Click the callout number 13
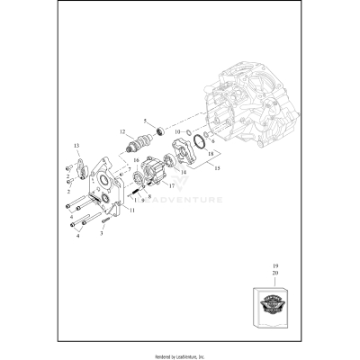click(76, 145)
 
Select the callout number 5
click(145, 121)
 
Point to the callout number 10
click(177, 132)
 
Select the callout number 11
click(132, 210)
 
